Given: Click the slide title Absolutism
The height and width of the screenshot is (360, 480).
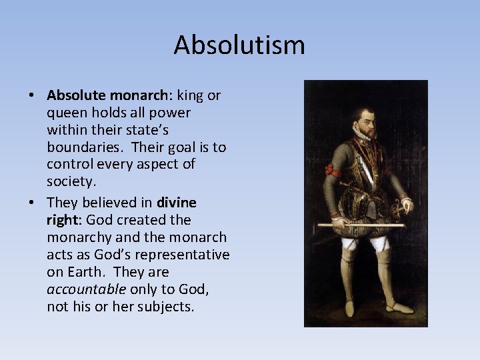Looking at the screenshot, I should click(239, 45).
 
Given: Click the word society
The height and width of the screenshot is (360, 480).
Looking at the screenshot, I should click(70, 182).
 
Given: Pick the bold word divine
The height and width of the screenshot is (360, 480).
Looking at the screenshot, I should click(177, 202).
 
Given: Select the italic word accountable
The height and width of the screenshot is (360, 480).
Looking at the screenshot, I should click(86, 289).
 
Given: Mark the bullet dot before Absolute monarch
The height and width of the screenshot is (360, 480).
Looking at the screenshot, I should click(31, 96).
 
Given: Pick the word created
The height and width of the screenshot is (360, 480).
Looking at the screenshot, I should click(145, 220).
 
